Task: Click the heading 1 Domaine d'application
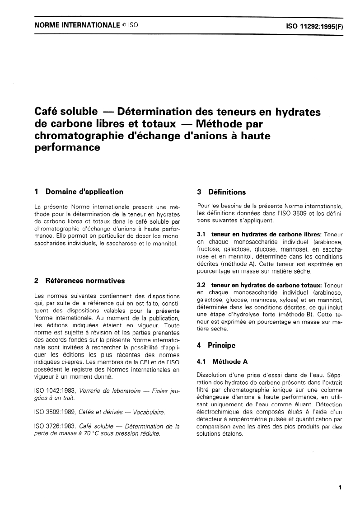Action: [x=79, y=192]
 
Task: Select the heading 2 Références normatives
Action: [x=79, y=281]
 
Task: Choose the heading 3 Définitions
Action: [x=221, y=192]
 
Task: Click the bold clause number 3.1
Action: [x=202, y=235]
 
